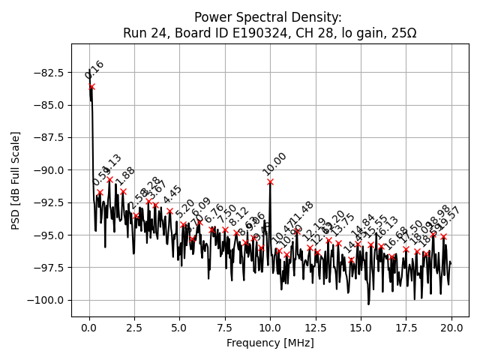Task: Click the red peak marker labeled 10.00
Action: (x=270, y=182)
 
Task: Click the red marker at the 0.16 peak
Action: (x=91, y=87)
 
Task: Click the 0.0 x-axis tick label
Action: (x=89, y=328)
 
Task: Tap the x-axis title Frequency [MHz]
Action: (x=270, y=343)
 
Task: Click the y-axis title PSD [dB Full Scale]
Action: (x=15, y=180)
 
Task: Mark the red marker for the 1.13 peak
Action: (x=109, y=180)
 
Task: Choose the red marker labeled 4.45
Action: (x=169, y=211)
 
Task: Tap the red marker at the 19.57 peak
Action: (x=443, y=236)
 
